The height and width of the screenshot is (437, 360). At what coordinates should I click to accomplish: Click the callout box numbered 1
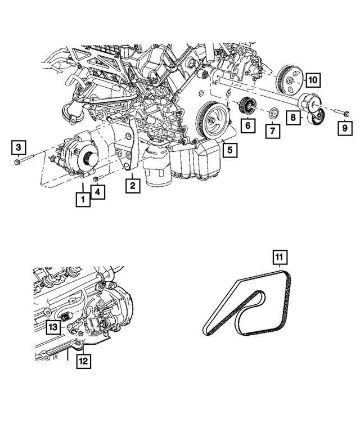(x=83, y=199)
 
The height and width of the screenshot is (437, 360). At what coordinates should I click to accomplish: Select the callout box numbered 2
(x=132, y=185)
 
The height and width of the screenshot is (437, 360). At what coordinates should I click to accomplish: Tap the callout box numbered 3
(x=19, y=148)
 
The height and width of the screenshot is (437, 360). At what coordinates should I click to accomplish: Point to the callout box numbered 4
(x=98, y=193)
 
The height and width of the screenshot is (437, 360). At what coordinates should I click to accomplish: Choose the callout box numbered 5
(x=229, y=150)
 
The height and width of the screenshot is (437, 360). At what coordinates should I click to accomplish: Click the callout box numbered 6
(x=246, y=127)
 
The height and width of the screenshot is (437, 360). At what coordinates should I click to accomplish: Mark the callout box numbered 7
(x=272, y=132)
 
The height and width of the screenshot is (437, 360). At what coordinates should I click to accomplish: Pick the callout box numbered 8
(x=292, y=118)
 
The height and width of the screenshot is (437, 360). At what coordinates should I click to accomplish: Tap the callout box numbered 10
(x=313, y=80)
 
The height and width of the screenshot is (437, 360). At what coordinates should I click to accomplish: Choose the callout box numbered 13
(x=52, y=327)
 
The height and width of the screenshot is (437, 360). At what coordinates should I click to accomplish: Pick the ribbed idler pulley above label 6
(x=247, y=105)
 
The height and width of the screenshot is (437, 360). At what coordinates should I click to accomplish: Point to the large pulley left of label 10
(x=290, y=79)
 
